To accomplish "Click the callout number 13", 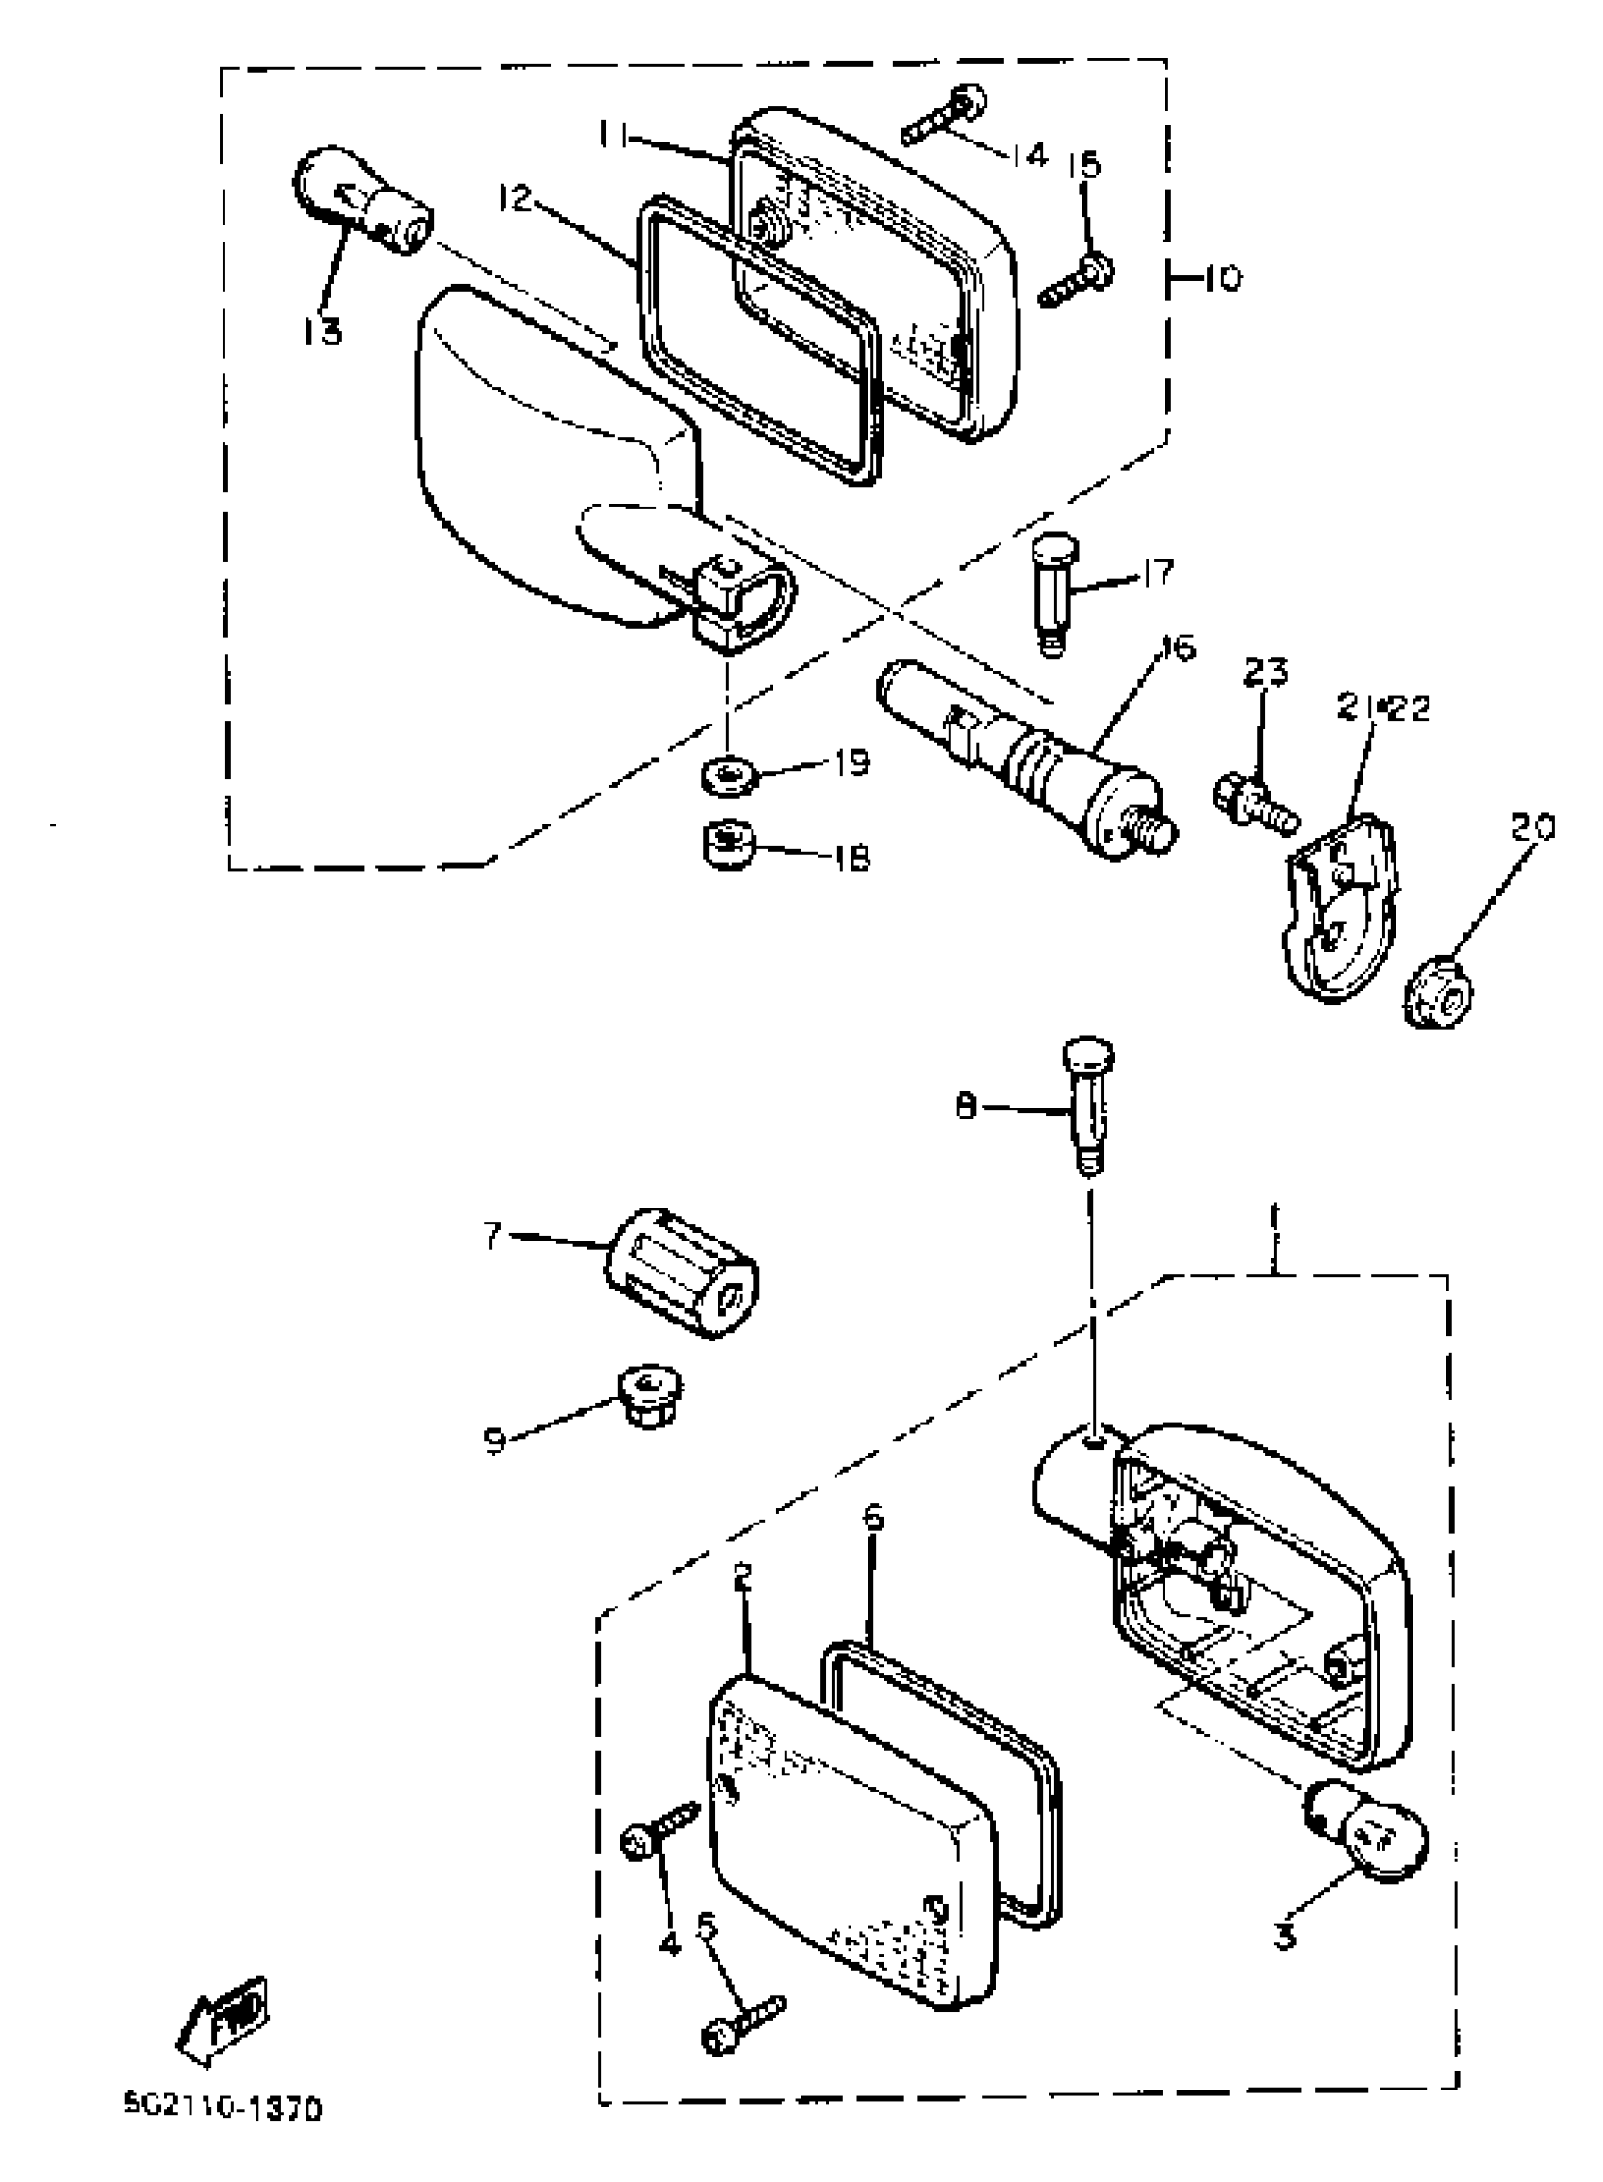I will (x=322, y=332).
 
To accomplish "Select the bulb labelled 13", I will (x=363, y=203).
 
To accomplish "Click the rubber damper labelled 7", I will (x=681, y=1274).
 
